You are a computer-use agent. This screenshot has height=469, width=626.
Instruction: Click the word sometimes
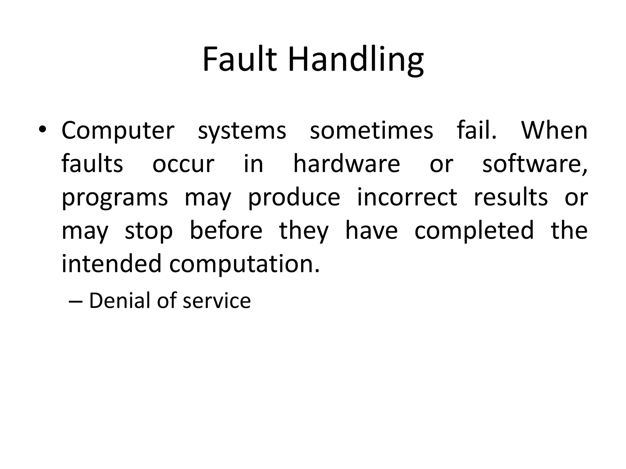click(x=371, y=131)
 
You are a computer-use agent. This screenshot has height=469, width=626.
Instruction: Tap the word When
click(x=554, y=131)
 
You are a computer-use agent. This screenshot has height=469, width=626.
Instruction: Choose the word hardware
click(x=347, y=164)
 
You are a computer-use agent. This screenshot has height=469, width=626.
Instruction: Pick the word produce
click(x=294, y=198)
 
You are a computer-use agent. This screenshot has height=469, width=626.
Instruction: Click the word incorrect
click(x=407, y=197)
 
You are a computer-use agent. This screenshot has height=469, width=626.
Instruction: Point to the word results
click(x=511, y=197)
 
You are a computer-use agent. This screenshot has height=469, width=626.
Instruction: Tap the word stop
click(x=149, y=231)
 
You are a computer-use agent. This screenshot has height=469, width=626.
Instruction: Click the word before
click(x=226, y=230)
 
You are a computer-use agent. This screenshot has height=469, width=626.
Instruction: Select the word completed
click(x=474, y=231)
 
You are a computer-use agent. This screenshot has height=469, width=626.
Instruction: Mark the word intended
click(x=111, y=264)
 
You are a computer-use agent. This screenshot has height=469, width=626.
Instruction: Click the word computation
click(x=244, y=264)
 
